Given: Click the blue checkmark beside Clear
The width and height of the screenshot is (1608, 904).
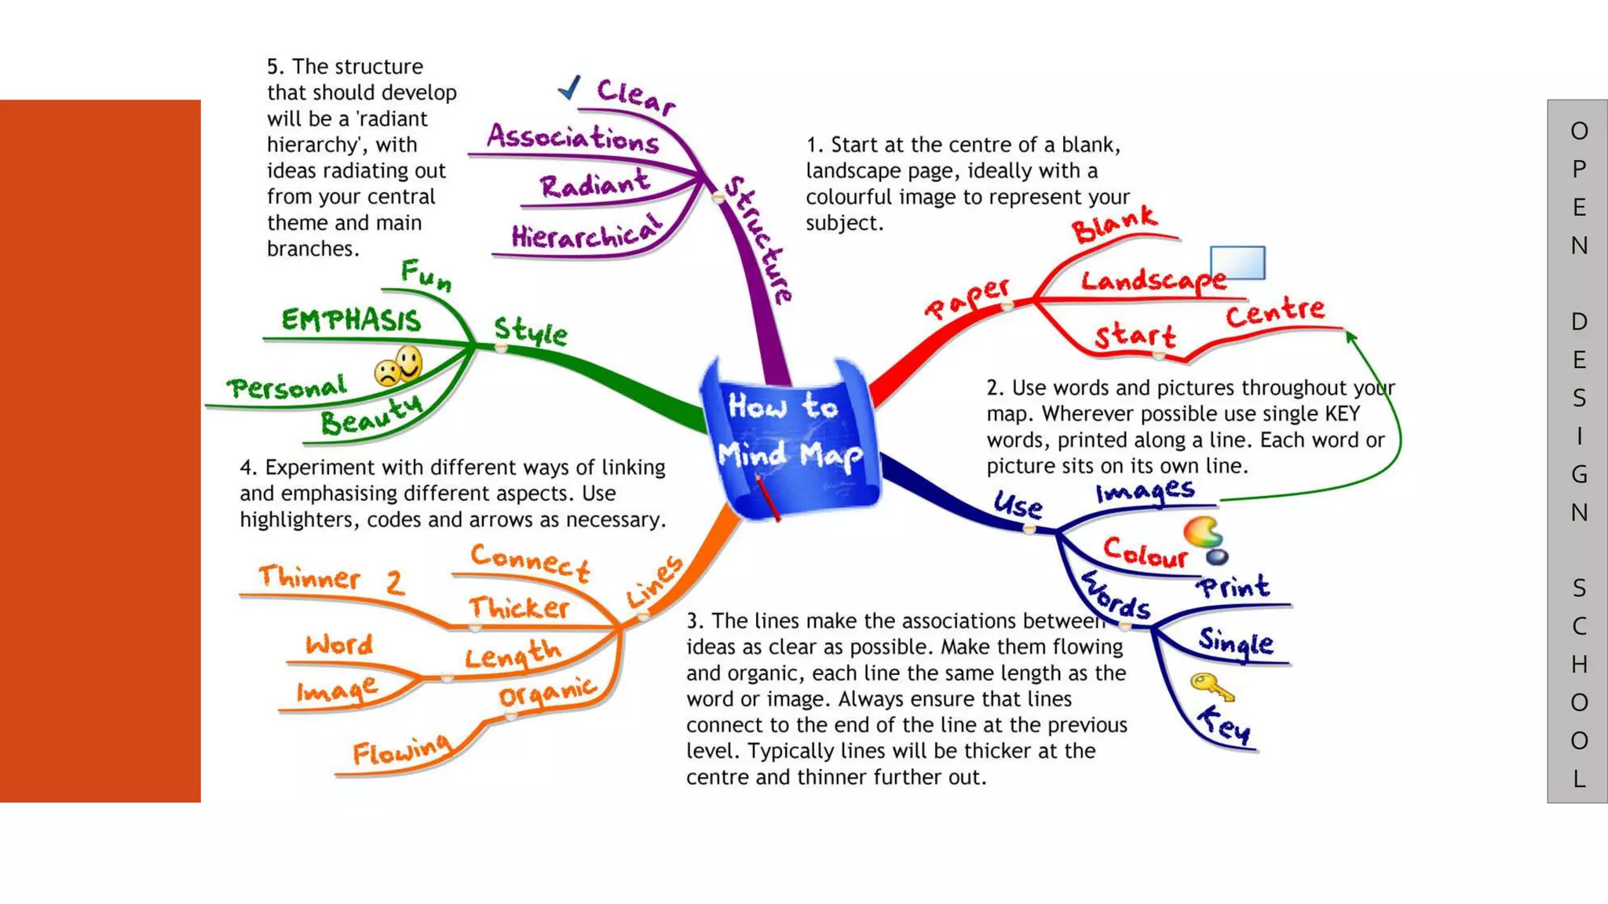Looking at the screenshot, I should click(x=569, y=87).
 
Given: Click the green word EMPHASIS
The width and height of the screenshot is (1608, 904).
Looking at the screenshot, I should click(x=351, y=320).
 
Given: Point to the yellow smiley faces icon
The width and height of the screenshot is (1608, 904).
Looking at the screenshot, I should click(x=399, y=366).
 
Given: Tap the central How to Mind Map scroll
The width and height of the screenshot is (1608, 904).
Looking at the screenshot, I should click(x=790, y=438).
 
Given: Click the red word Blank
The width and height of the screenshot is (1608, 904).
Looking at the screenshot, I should click(x=1113, y=224).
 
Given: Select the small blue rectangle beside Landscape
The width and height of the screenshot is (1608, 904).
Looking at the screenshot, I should click(x=1237, y=262).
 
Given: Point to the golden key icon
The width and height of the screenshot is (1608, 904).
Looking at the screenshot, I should click(x=1211, y=687).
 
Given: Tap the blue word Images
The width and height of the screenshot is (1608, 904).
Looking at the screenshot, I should click(x=1146, y=492).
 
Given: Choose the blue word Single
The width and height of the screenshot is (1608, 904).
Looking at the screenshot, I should click(x=1236, y=642).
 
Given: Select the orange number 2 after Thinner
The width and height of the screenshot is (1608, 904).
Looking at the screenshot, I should click(x=395, y=582).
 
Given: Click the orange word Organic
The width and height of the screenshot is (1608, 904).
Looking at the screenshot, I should click(x=547, y=691).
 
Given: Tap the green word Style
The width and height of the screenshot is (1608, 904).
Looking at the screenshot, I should click(x=531, y=331).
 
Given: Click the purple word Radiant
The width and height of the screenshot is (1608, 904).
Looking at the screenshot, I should click(x=594, y=184).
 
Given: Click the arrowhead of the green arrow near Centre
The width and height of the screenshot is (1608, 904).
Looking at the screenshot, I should click(x=1350, y=337).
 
